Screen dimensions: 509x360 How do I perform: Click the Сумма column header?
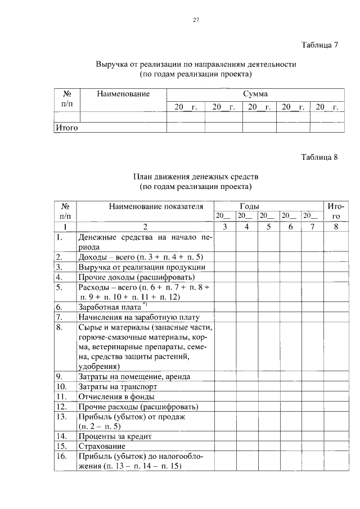[x=255, y=93]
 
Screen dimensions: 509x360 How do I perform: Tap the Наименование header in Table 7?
[x=123, y=93]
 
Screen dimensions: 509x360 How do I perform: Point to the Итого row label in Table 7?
[x=66, y=128]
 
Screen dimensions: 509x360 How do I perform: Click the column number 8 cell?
[x=336, y=227]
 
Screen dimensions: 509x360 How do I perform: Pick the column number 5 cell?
[x=268, y=227]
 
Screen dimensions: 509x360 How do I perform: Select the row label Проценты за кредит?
[x=115, y=436]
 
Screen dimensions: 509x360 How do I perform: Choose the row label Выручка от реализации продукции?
[x=141, y=267]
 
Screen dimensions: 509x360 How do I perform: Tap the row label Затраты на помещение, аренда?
[x=134, y=376]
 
